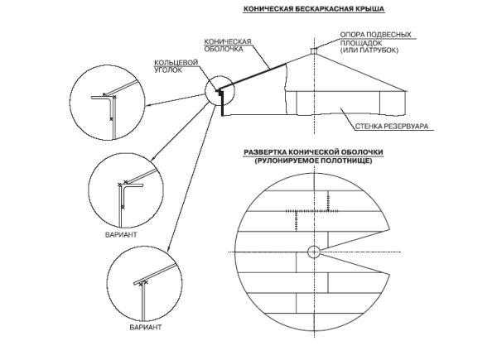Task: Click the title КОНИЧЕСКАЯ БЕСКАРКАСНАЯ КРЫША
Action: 314,9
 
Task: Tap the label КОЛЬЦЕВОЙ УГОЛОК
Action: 176,66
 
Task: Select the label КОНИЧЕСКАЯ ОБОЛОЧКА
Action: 228,46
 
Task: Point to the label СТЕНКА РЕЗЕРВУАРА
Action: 392,127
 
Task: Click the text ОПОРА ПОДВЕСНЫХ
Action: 375,35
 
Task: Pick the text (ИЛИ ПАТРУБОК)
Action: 369,50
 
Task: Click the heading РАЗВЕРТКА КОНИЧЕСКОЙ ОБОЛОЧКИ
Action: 313,152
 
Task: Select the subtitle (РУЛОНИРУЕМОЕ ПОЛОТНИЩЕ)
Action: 313,161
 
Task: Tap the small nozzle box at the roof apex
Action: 314,50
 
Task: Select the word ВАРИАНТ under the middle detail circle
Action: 121,234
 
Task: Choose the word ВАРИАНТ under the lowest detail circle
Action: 146,327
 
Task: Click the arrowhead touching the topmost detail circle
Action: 147,105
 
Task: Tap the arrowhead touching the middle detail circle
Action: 153,158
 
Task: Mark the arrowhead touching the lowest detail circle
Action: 169,248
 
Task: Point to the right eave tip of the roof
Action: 405,91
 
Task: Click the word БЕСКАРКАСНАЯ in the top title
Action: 325,9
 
